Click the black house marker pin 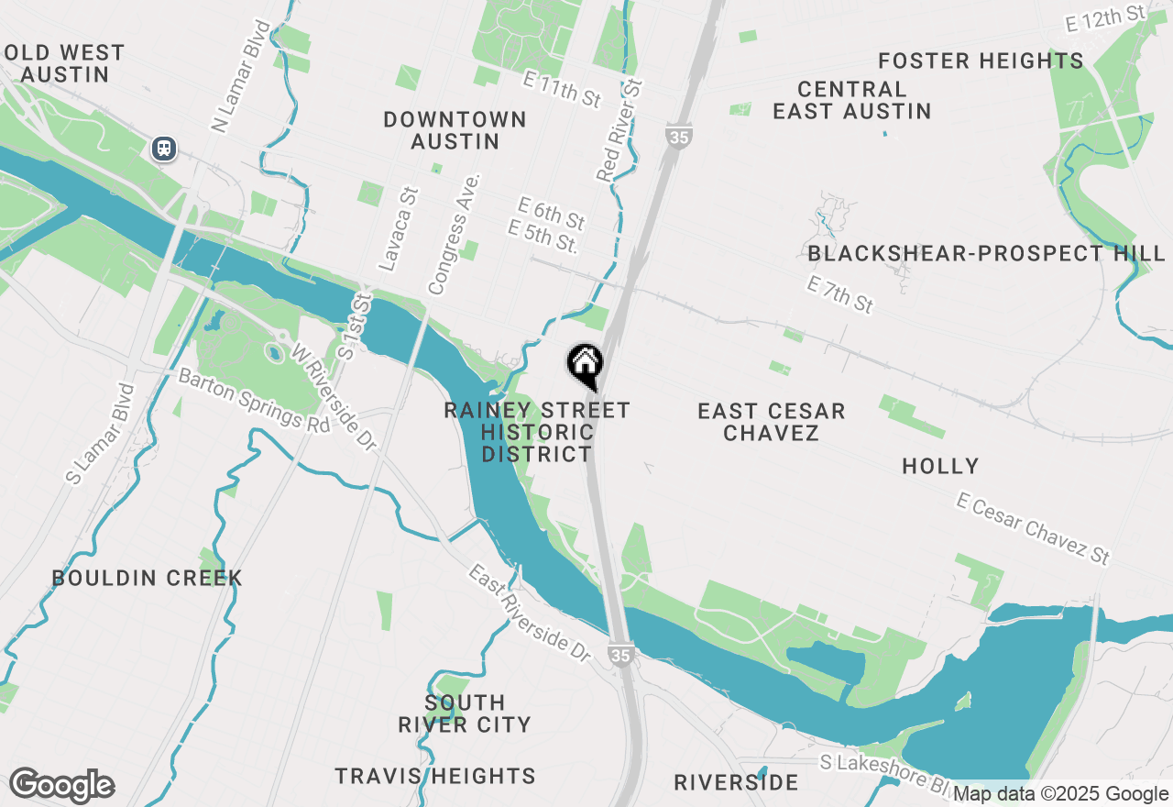pyautogui.click(x=585, y=365)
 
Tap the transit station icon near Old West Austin pyautogui.click(x=164, y=148)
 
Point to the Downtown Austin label pyautogui.click(x=455, y=130)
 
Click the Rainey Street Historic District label pyautogui.click(x=537, y=432)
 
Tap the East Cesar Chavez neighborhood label pyautogui.click(x=771, y=422)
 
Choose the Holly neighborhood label pyautogui.click(x=940, y=466)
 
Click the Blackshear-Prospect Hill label pyautogui.click(x=986, y=253)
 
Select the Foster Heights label pyautogui.click(x=981, y=61)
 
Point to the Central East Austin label pyautogui.click(x=851, y=100)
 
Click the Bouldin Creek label pyautogui.click(x=147, y=578)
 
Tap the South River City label pyautogui.click(x=465, y=713)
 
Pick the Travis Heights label pyautogui.click(x=435, y=776)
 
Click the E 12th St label pyautogui.click(x=1106, y=18)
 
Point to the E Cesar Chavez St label pyautogui.click(x=1033, y=528)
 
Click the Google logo pyautogui.click(x=61, y=785)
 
